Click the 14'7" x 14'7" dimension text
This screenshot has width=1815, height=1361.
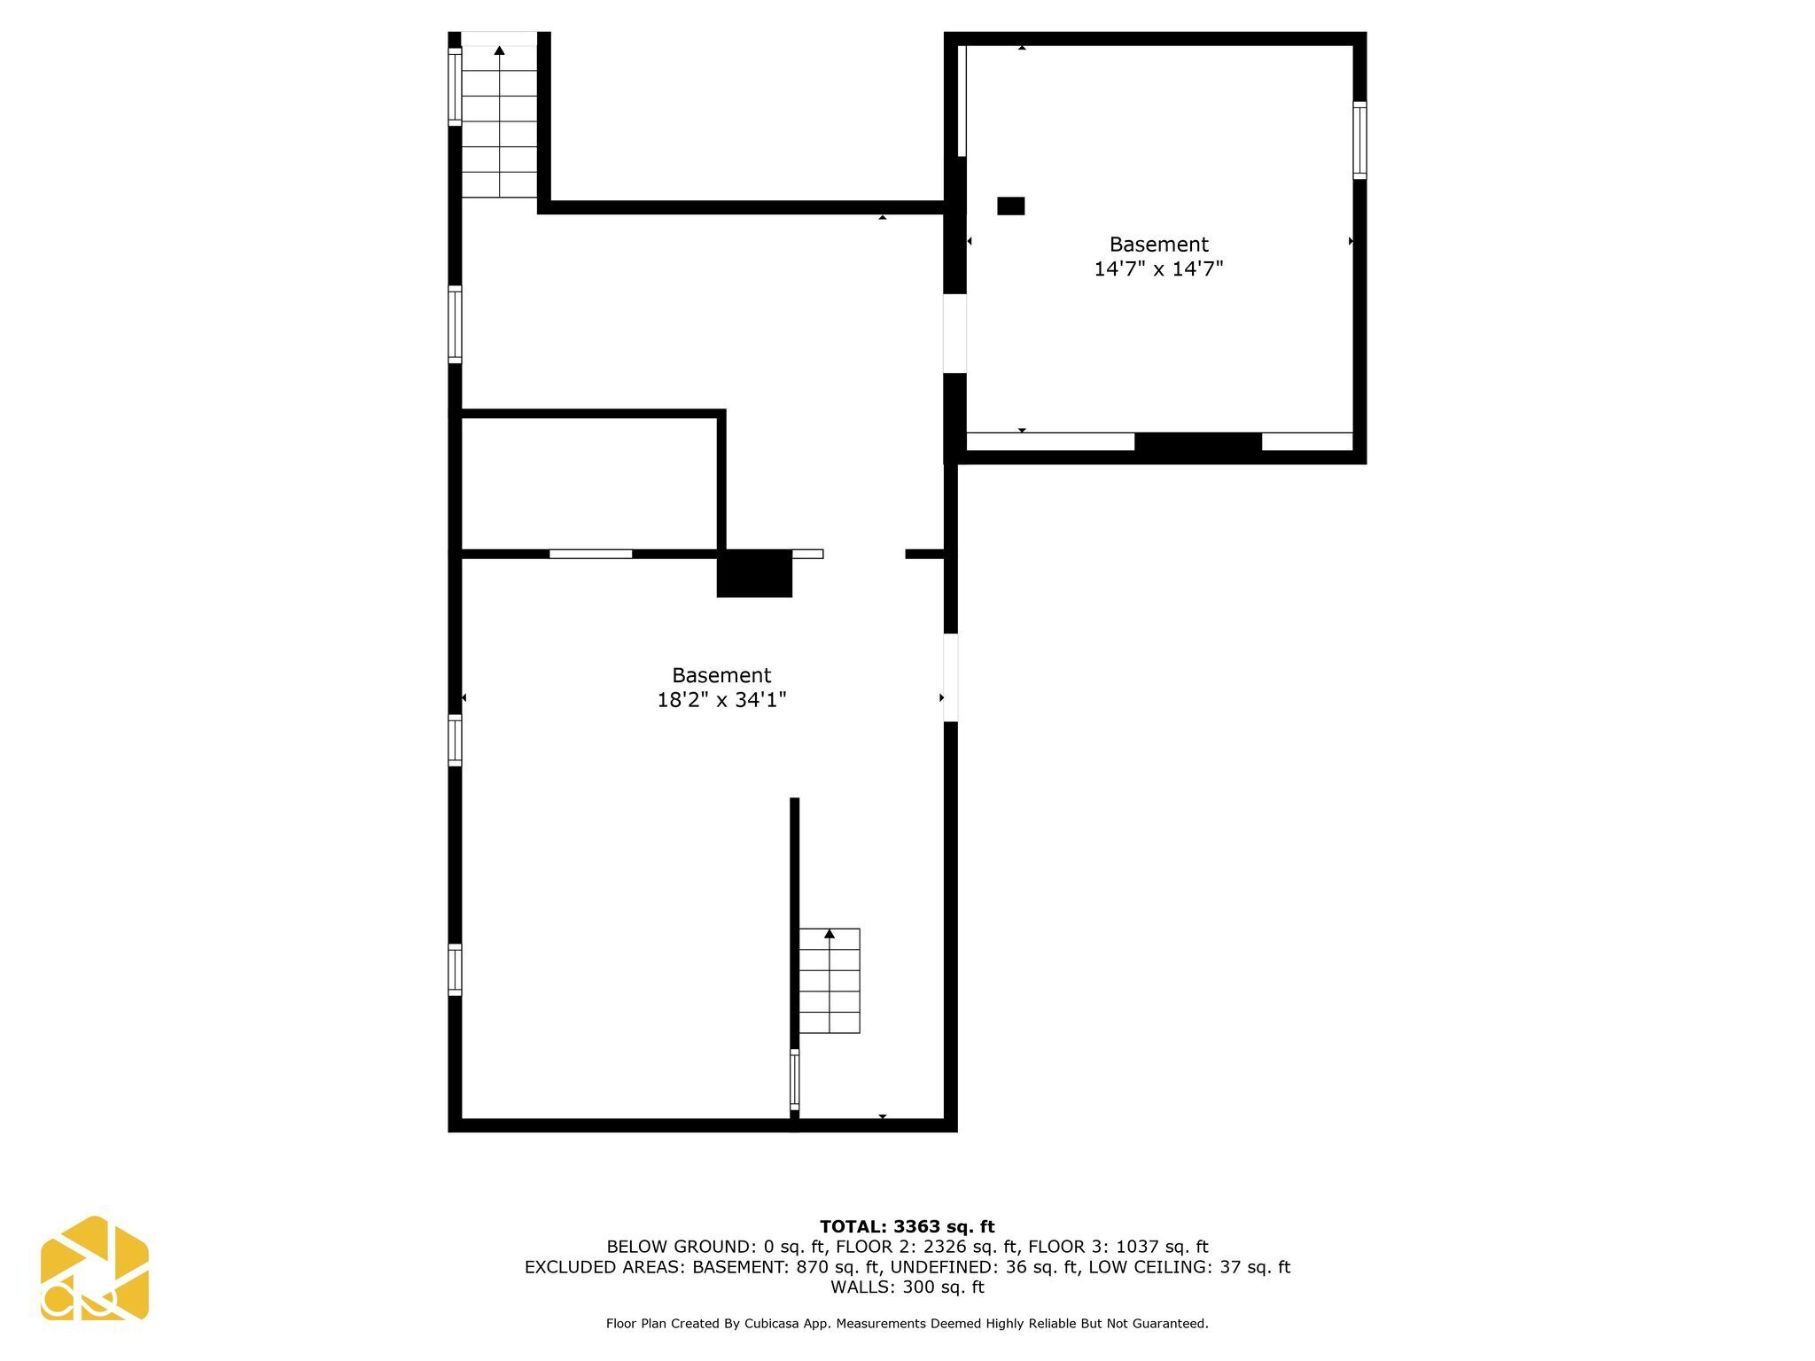(1158, 269)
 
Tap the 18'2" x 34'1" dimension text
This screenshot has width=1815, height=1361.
(721, 701)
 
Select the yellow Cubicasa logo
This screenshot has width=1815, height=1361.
(94, 1268)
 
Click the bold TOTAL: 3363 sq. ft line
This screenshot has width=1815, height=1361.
(907, 1226)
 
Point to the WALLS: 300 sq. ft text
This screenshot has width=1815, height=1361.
(907, 1287)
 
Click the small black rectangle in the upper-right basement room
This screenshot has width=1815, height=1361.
(1010, 206)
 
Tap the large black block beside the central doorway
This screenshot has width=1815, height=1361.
(754, 573)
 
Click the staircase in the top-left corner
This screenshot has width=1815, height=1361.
(499, 121)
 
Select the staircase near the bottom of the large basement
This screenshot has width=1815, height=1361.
(830, 981)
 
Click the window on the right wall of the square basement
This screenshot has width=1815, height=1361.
(1359, 140)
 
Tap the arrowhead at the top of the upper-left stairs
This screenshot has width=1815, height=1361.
(499, 51)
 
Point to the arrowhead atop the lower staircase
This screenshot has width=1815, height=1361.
(830, 934)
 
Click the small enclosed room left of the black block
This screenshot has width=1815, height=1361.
(588, 484)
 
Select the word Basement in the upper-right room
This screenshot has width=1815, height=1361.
(1158, 245)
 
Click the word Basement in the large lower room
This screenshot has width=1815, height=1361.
(721, 675)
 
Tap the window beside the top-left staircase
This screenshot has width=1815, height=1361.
(455, 86)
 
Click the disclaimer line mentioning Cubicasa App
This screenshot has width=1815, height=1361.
(907, 1324)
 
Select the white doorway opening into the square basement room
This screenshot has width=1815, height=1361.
(954, 333)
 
